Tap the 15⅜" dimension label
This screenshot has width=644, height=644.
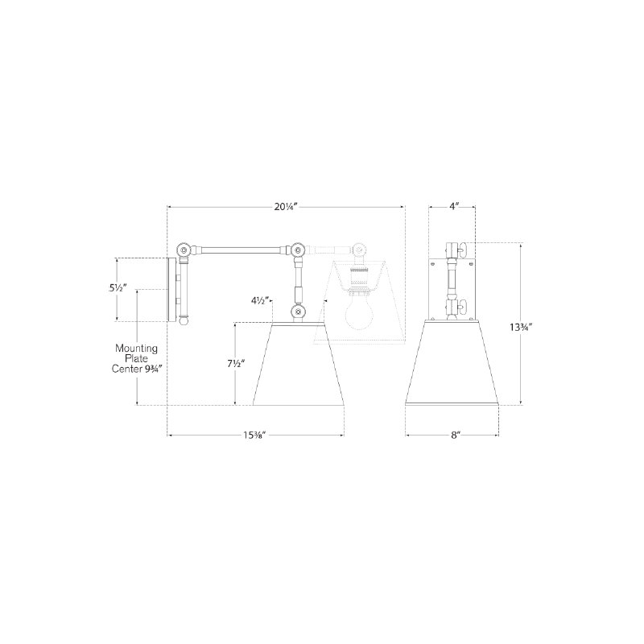[x=255, y=435]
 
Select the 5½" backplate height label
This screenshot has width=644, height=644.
[x=118, y=288]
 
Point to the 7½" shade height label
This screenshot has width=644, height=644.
[x=236, y=364]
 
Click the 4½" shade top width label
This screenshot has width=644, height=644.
[x=260, y=300]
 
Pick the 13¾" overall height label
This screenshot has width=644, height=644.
[x=521, y=328]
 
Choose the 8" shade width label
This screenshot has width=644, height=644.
[x=455, y=435]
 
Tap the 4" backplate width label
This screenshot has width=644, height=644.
[x=453, y=206]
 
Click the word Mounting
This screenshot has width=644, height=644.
[x=136, y=349]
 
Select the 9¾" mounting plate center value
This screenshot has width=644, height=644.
[x=153, y=369]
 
